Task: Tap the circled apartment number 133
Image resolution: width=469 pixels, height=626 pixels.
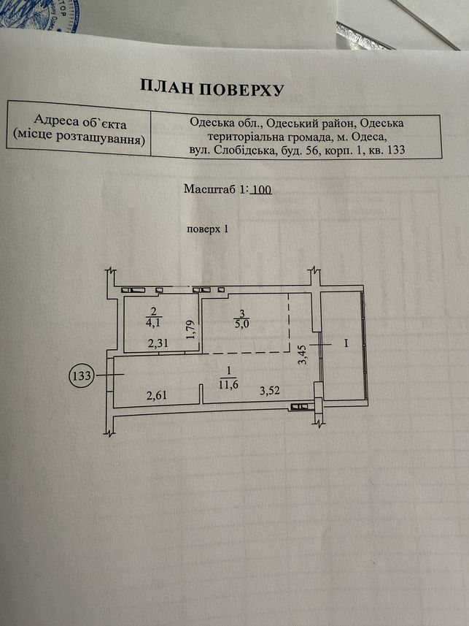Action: coord(82,375)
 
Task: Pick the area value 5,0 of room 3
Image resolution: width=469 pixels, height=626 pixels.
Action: coord(241,324)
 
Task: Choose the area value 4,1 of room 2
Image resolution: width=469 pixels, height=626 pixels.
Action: coord(154,322)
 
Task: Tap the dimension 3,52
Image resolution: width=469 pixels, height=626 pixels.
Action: coord(270,391)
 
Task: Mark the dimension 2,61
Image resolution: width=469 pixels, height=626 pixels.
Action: coord(156,396)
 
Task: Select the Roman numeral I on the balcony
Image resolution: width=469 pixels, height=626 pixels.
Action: coord(346,343)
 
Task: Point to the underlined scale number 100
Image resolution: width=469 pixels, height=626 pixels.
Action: coord(263,189)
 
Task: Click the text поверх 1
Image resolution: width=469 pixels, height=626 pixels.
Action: coord(207,229)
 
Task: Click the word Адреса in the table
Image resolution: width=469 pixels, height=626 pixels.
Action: coord(52,119)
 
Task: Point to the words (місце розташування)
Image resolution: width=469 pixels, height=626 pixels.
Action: coord(78,137)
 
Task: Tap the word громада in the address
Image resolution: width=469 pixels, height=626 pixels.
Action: coord(309,137)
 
